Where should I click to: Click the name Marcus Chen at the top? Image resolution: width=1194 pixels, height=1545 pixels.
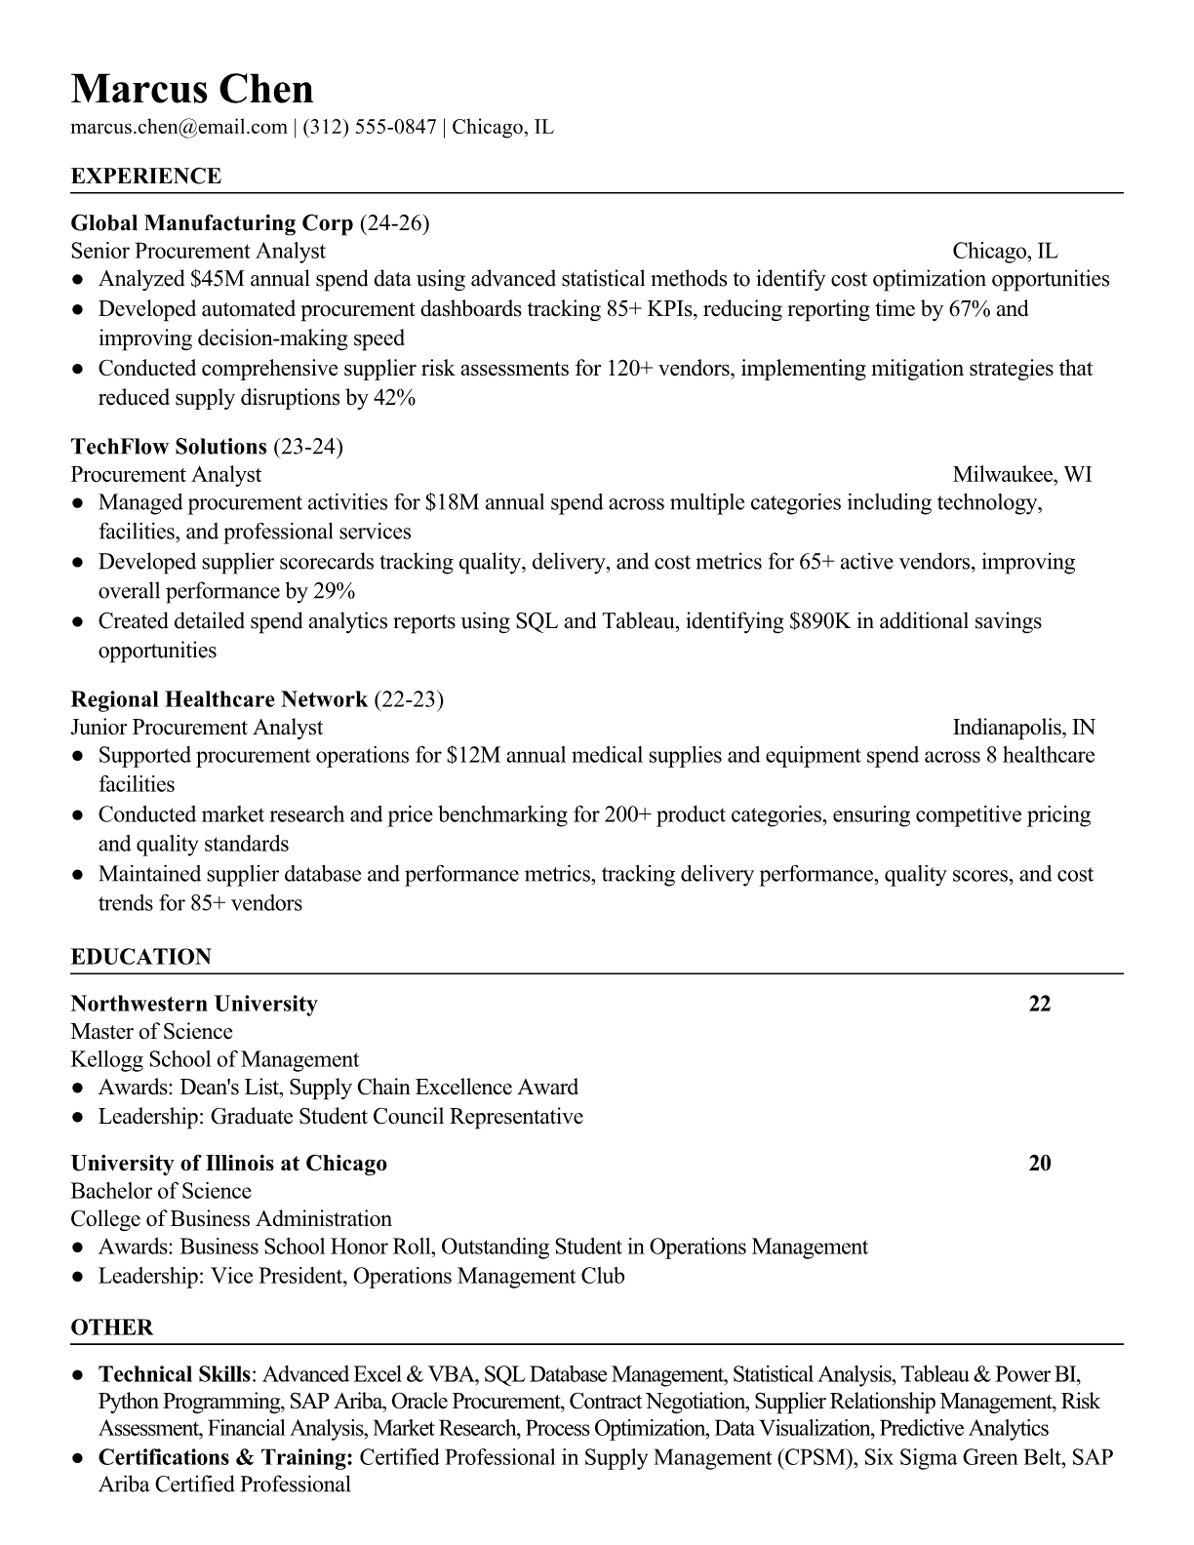pyautogui.click(x=192, y=89)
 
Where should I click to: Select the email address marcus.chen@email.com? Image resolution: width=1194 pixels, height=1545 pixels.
pyautogui.click(x=179, y=127)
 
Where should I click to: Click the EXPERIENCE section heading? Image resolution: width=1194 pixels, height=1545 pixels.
pyautogui.click(x=146, y=177)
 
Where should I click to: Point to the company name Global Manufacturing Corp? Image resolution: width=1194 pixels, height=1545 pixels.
pyautogui.click(x=212, y=223)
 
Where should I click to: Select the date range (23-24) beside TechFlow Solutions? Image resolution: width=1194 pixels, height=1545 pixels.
pyautogui.click(x=308, y=447)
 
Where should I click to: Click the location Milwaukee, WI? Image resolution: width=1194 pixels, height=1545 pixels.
pyautogui.click(x=1021, y=475)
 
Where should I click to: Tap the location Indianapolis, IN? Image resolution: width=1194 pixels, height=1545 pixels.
pyautogui.click(x=1023, y=728)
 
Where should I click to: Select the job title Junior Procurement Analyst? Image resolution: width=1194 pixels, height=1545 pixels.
pyautogui.click(x=197, y=728)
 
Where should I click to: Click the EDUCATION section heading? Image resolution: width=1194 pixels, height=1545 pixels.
pyautogui.click(x=141, y=957)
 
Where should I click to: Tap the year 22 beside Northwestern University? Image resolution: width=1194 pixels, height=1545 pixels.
pyautogui.click(x=1040, y=1004)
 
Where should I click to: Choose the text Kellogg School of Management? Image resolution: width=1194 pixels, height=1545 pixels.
pyautogui.click(x=215, y=1060)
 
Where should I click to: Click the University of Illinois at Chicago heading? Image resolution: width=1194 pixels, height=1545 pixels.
pyautogui.click(x=229, y=1164)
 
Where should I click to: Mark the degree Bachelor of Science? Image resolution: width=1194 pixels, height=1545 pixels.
pyautogui.click(x=161, y=1191)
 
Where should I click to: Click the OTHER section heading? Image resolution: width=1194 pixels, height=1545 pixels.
pyautogui.click(x=112, y=1327)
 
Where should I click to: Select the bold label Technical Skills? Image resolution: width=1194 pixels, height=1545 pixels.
pyautogui.click(x=175, y=1375)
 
